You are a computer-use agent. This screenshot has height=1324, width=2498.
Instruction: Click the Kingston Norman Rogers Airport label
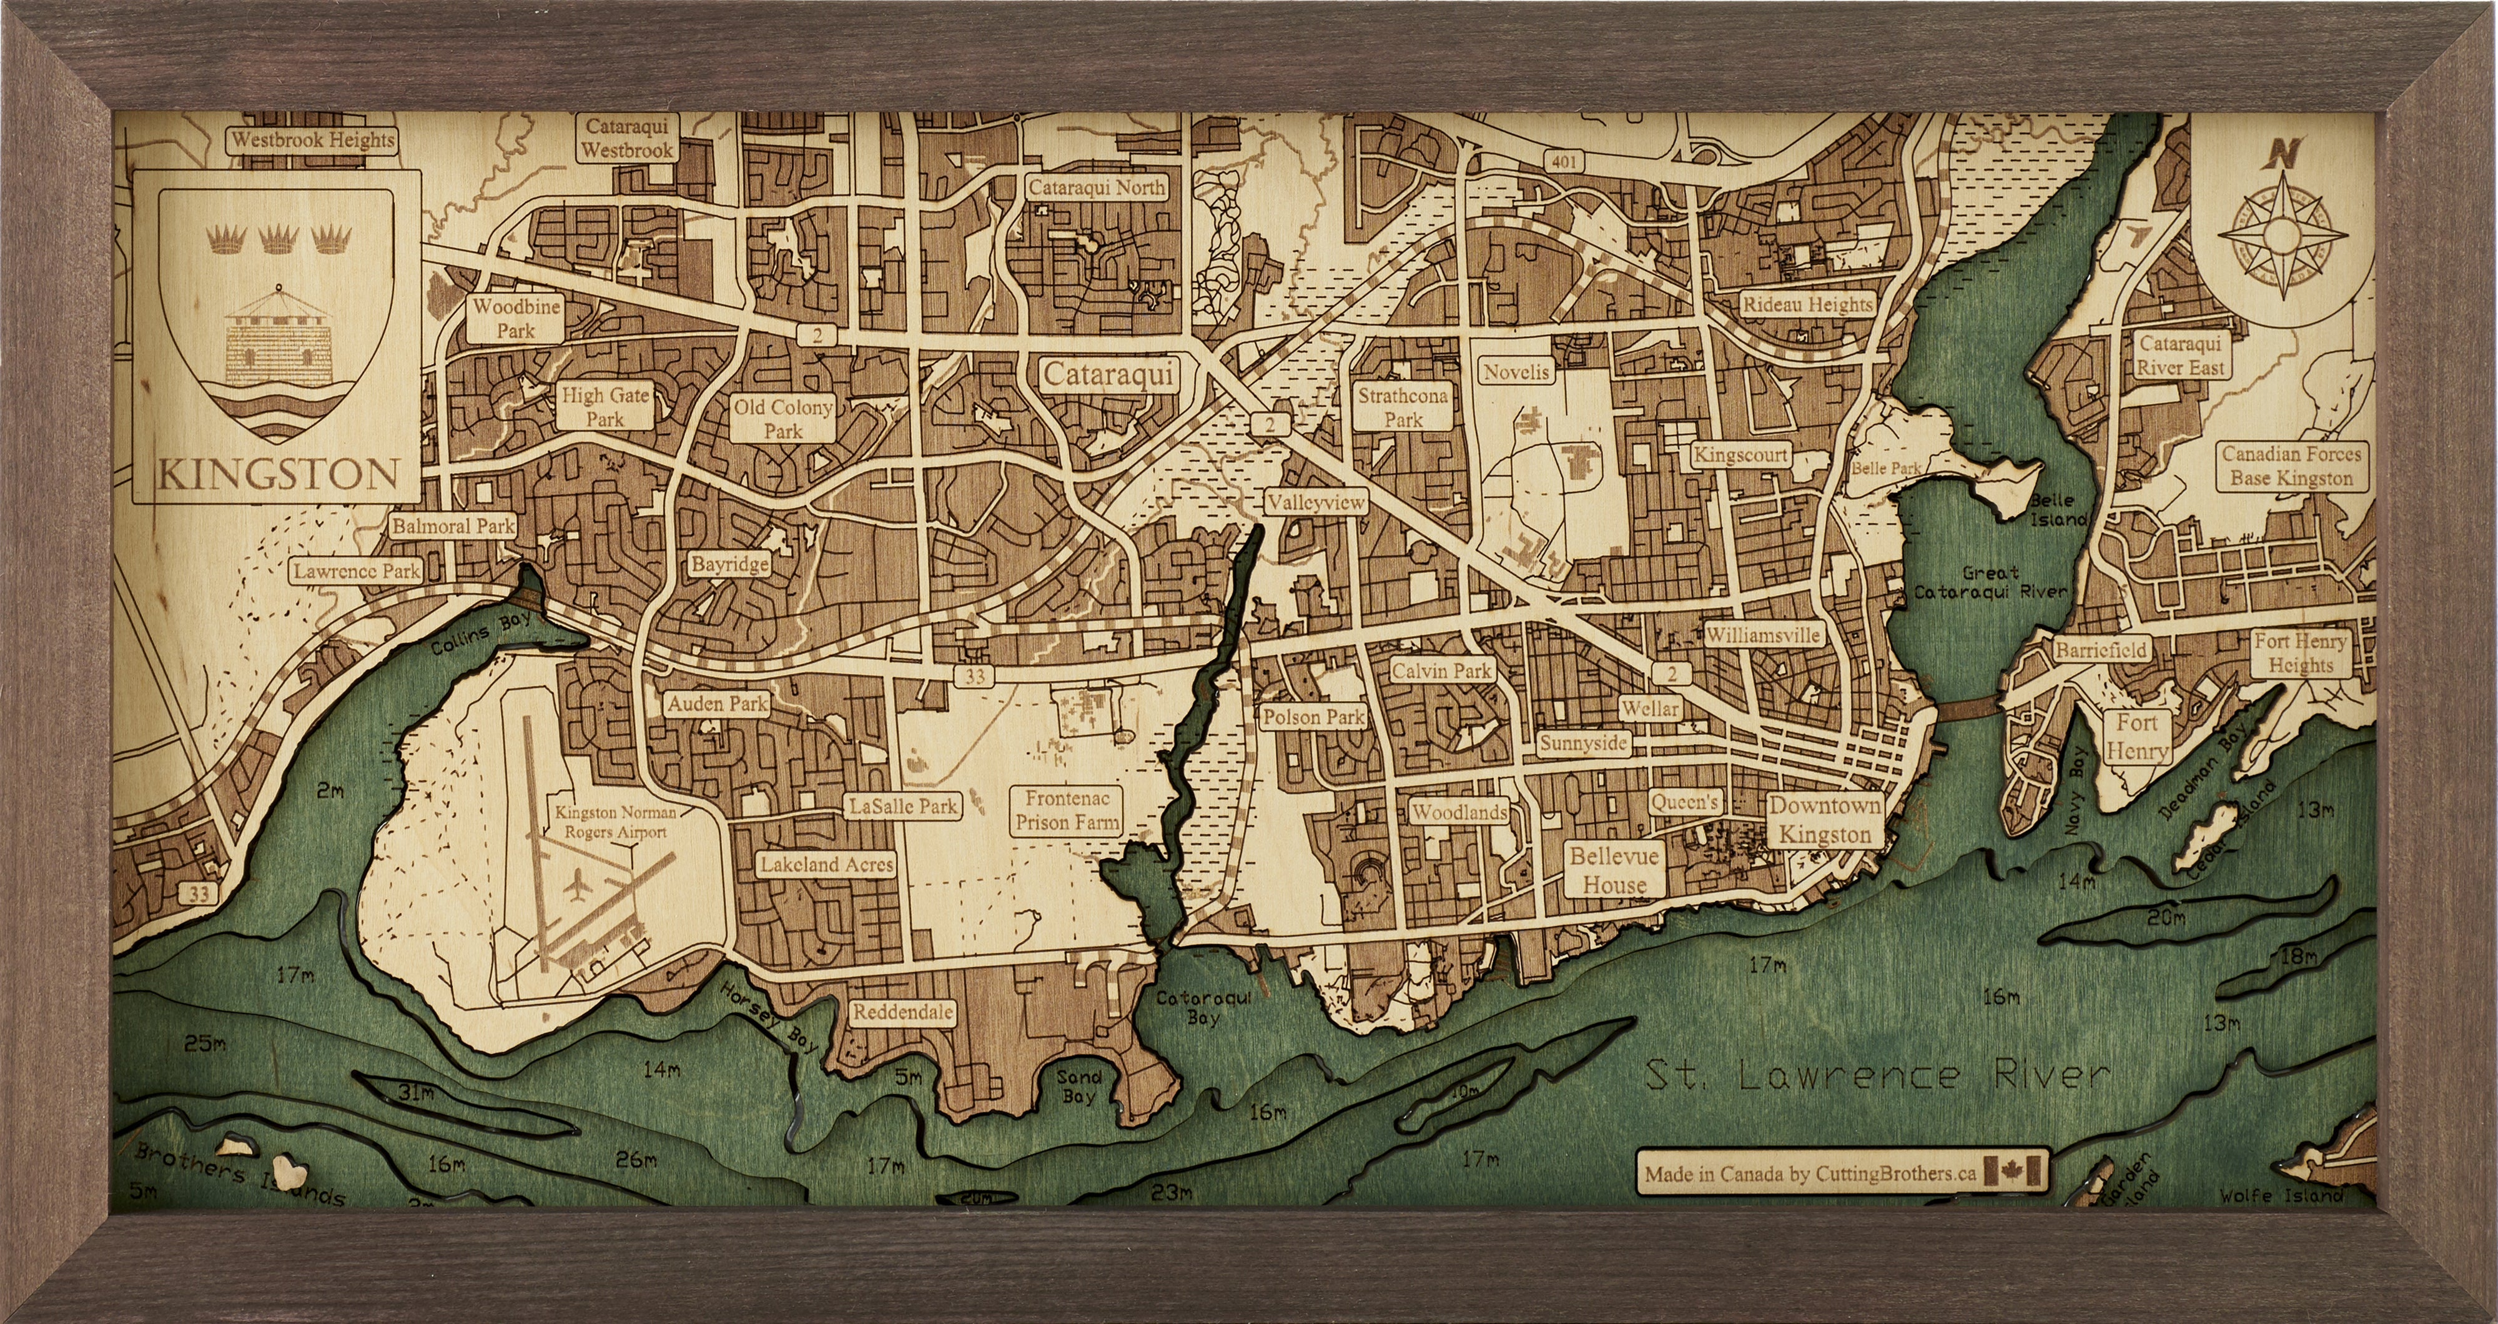click(614, 822)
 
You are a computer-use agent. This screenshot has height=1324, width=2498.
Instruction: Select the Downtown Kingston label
click(1825, 820)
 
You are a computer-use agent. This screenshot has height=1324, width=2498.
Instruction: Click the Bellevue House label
click(1614, 870)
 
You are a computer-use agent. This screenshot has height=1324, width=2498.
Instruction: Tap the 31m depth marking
click(415, 1093)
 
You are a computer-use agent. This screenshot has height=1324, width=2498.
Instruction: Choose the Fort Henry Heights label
click(2299, 653)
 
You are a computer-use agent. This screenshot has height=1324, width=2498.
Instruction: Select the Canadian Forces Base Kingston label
click(2291, 465)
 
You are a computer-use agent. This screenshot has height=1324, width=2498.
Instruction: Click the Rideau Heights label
click(1807, 304)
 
